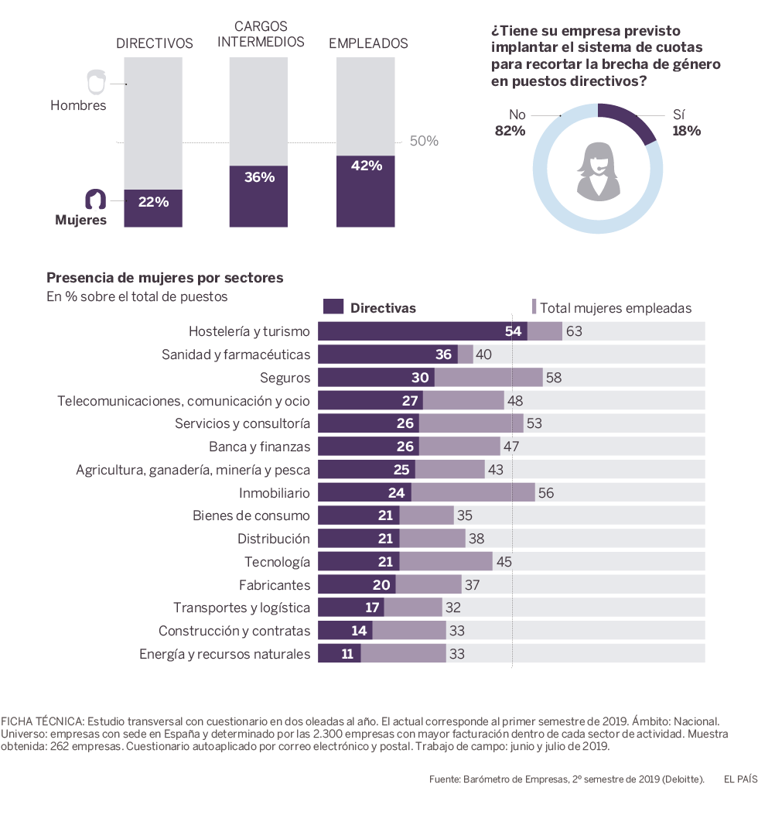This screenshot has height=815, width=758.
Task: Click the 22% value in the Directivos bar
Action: coord(153,202)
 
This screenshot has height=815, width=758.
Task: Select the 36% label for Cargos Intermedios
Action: coord(259,177)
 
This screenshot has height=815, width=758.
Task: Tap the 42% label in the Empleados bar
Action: coord(366,166)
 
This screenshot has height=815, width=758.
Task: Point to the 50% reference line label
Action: coord(423,141)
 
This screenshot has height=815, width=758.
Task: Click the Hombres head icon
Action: coord(96,82)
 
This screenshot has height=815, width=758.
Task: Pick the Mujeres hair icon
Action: coord(96,199)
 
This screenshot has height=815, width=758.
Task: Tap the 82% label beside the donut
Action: coord(510,131)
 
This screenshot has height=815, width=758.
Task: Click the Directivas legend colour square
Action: coord(333,307)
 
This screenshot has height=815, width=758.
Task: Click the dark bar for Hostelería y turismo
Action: coord(422,331)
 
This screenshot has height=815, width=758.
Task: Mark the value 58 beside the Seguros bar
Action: coord(554,378)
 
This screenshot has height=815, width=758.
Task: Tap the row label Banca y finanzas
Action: coord(259,447)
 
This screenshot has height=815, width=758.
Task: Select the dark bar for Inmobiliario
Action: coord(364,492)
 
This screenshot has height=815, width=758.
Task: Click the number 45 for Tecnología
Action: coord(504,562)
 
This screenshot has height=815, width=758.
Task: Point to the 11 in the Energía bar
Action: coord(347,654)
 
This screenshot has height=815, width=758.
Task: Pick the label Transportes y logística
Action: coord(241,608)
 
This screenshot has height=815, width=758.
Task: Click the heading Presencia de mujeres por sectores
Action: coord(165,277)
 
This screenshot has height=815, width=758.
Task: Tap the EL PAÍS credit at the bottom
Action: coord(740,779)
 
